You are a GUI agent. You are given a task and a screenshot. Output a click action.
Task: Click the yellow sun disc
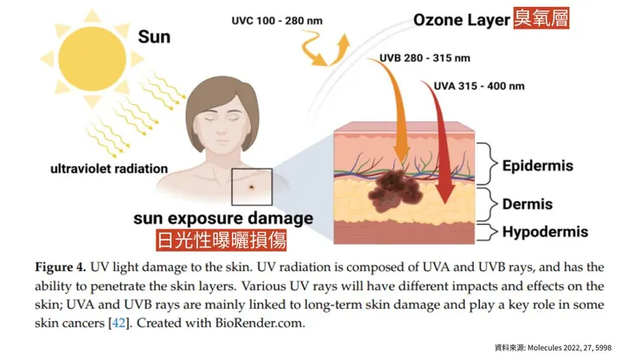(x=92, y=59)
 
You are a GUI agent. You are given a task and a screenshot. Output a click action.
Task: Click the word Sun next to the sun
(x=154, y=37)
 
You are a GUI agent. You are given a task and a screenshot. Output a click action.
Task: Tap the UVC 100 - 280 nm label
(x=277, y=21)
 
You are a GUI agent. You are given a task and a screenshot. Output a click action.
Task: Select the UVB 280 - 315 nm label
(x=425, y=58)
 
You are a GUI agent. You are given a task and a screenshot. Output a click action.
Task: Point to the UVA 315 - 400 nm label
(x=479, y=87)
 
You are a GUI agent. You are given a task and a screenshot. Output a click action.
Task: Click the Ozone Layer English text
(x=462, y=20)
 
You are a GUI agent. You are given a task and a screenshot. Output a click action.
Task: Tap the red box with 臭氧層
(x=541, y=18)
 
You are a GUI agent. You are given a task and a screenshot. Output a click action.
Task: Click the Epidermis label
(x=538, y=166)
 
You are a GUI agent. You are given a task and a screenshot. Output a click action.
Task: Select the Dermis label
(x=528, y=204)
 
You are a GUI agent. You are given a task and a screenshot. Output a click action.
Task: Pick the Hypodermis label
(x=545, y=232)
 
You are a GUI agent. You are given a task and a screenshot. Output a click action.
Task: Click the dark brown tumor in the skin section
(x=394, y=191)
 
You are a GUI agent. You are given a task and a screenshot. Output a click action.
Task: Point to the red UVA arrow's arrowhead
(x=445, y=193)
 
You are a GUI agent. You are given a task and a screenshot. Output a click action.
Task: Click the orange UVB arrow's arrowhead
(x=401, y=155)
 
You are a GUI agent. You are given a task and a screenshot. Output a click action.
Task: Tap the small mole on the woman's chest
(x=252, y=188)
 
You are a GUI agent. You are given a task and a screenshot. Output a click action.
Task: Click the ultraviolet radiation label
(x=109, y=169)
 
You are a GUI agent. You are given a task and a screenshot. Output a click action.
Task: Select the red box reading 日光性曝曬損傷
(x=221, y=240)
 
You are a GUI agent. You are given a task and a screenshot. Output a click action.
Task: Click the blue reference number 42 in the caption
(x=118, y=324)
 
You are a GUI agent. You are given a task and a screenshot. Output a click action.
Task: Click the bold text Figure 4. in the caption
(x=61, y=267)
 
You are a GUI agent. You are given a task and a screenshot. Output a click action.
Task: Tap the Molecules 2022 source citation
(x=569, y=348)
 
